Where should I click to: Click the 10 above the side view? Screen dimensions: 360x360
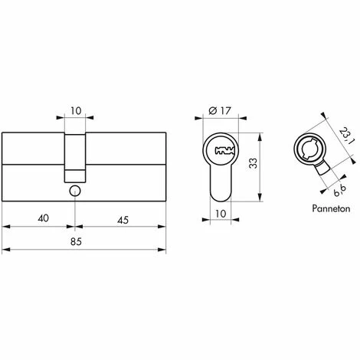[x=74, y=110]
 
